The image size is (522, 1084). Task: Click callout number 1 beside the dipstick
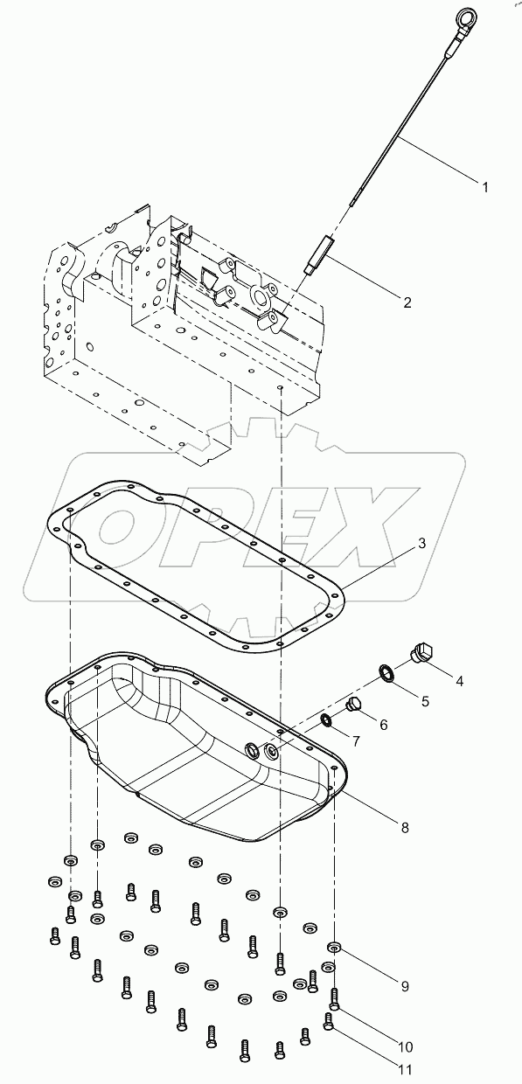click(x=484, y=185)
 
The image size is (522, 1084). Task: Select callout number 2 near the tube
click(x=407, y=302)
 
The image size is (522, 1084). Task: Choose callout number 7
click(x=356, y=742)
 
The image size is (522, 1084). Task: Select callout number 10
click(x=407, y=1046)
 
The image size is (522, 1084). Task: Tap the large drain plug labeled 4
click(x=422, y=653)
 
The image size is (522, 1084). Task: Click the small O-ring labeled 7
click(x=326, y=719)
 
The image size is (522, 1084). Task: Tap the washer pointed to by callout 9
click(x=334, y=947)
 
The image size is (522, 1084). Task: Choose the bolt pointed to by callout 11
click(x=329, y=1021)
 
